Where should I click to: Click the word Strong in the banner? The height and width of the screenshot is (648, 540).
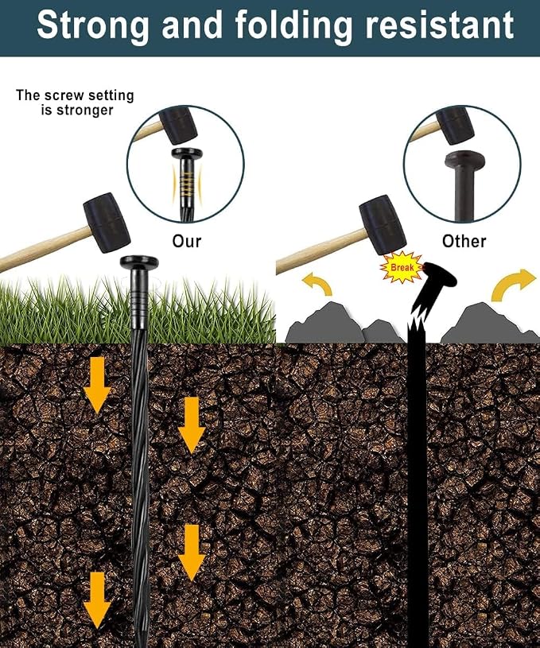tap(93, 25)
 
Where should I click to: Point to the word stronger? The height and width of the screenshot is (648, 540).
tap(84, 111)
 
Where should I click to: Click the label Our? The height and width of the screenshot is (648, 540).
tap(187, 242)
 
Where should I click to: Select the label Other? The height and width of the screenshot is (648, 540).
tap(464, 242)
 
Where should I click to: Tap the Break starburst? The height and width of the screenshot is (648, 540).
tap(402, 267)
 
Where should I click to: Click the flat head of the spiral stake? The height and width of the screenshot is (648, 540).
tap(139, 262)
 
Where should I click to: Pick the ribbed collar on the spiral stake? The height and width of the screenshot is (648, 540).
tap(139, 299)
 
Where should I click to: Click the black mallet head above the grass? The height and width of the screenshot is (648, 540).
tap(107, 223)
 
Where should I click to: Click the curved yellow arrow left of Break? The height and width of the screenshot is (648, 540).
tap(317, 284)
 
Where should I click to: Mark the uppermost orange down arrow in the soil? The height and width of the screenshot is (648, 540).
tap(97, 385)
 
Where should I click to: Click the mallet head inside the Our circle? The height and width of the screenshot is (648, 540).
tap(178, 124)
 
